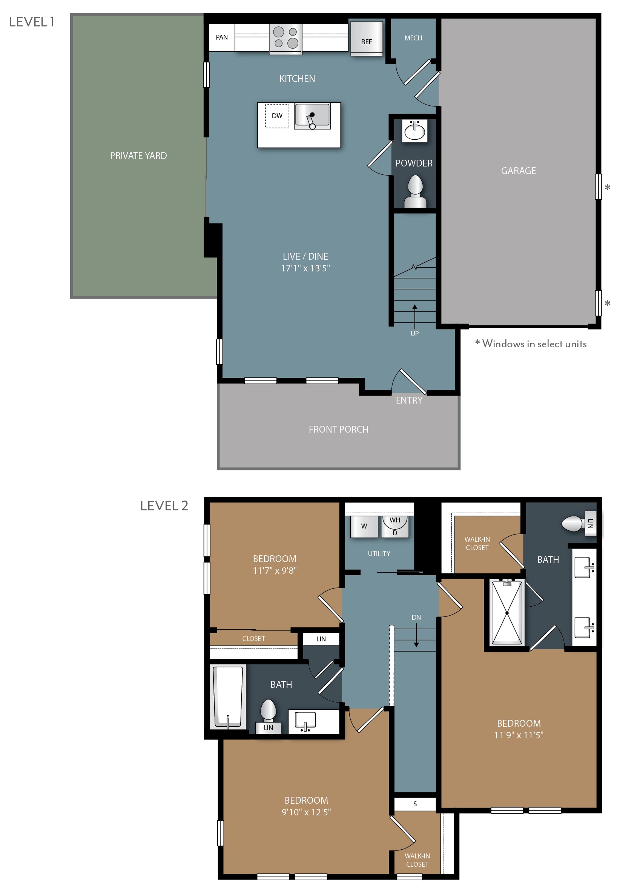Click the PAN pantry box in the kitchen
(x=221, y=37)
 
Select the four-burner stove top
(x=285, y=38)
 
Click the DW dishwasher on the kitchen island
(x=277, y=116)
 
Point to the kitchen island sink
(x=312, y=116)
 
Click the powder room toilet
(x=415, y=191)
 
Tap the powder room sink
(x=414, y=131)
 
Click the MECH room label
(x=413, y=38)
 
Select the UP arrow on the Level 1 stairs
(x=414, y=316)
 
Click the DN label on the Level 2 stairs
(x=416, y=617)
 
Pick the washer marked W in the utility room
(x=364, y=527)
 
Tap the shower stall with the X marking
(x=506, y=613)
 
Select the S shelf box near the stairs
(x=414, y=804)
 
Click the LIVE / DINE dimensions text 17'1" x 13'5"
(x=305, y=268)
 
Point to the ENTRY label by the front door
(x=409, y=400)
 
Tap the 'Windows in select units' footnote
(x=530, y=344)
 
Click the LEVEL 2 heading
(x=164, y=506)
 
